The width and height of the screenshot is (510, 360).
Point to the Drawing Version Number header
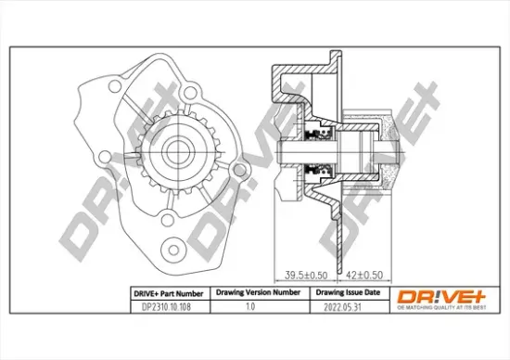click(258, 291)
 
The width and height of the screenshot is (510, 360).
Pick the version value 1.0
click(249, 303)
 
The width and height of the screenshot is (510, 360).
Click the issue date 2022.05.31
click(339, 303)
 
